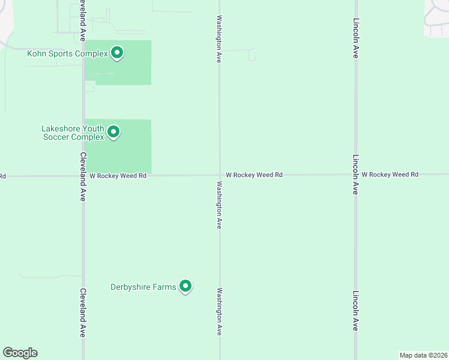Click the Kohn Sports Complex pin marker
[117, 53]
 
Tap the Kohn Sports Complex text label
[67, 54]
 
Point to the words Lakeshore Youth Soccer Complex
[73, 133]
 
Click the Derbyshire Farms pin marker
[185, 287]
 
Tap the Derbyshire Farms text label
[143, 287]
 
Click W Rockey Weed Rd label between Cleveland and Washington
[118, 176]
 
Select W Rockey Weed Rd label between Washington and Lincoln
[254, 175]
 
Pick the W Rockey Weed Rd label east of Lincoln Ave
[390, 174]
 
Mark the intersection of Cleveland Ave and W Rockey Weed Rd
[83, 176]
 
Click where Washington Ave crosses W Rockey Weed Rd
[219, 176]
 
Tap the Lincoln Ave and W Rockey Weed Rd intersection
[355, 175]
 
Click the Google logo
[20, 353]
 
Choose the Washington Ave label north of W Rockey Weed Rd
[220, 40]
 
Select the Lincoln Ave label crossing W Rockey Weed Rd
[355, 175]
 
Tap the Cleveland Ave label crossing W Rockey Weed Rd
[82, 176]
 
